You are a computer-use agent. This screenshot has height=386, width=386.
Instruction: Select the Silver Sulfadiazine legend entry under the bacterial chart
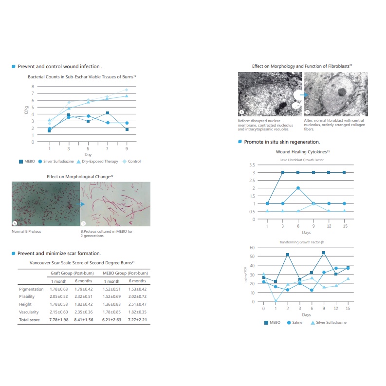(58, 161)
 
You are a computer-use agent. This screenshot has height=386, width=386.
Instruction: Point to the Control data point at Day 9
(127, 90)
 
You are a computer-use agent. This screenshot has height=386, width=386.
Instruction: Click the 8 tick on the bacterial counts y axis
(33, 86)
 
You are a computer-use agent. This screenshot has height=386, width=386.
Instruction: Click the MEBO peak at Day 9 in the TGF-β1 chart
(324, 253)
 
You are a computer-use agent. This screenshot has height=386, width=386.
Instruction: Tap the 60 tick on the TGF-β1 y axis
(253, 247)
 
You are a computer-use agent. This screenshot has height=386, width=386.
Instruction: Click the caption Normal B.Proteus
(26, 231)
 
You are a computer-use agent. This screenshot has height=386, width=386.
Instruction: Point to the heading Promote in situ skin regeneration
(282, 142)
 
